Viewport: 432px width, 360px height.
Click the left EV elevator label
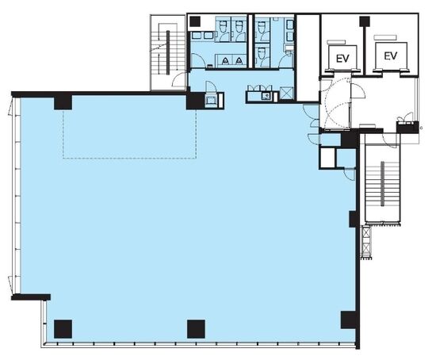click(342, 59)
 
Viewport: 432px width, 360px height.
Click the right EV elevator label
click(391, 56)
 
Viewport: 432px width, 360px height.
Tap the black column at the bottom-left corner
click(63, 329)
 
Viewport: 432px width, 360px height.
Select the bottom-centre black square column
click(196, 329)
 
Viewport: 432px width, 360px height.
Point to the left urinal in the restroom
click(226, 60)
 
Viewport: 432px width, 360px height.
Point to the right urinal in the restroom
click(239, 60)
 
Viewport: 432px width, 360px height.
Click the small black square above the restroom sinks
click(195, 21)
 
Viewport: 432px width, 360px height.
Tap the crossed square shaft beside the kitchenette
click(285, 93)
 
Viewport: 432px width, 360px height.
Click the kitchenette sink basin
click(266, 96)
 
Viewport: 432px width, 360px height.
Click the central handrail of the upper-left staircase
click(168, 52)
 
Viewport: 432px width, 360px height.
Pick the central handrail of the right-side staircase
click(382, 184)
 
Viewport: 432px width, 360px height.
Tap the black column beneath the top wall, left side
click(63, 102)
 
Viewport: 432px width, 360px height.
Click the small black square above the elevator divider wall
click(365, 21)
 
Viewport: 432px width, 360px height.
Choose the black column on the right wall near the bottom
click(349, 320)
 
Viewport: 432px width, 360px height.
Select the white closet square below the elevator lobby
click(328, 159)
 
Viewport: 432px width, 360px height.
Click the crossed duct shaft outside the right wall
click(366, 242)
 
